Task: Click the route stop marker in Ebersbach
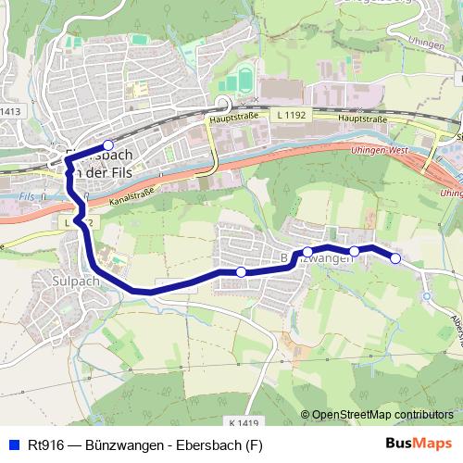click(107, 144)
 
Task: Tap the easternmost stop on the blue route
click(395, 258)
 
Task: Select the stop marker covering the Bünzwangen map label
click(307, 251)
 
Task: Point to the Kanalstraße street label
click(131, 192)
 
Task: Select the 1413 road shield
click(9, 112)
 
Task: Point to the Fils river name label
click(26, 195)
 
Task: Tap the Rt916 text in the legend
click(44, 444)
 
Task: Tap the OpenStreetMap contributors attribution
click(382, 415)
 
